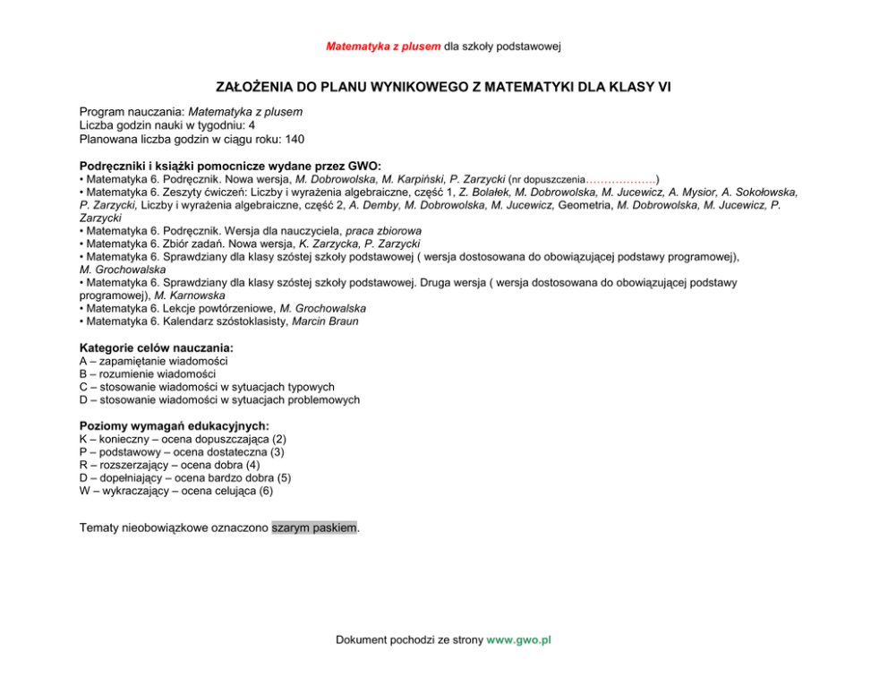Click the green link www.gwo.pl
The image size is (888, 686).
(518, 639)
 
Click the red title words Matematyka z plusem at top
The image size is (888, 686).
(383, 46)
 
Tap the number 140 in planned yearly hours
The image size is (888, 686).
(295, 140)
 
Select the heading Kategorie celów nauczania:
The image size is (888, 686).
(157, 347)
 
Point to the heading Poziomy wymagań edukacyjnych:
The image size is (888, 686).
(175, 426)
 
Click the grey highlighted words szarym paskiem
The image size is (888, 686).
(314, 527)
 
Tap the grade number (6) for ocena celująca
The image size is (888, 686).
(265, 491)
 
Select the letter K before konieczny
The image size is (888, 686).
(83, 440)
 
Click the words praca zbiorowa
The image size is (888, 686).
(384, 230)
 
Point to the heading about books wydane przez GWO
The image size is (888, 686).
(230, 166)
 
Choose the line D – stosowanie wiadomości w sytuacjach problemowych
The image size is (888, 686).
(219, 399)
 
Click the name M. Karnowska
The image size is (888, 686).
(190, 295)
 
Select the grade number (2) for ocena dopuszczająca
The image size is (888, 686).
(278, 440)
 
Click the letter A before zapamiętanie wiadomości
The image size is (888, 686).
(83, 361)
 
